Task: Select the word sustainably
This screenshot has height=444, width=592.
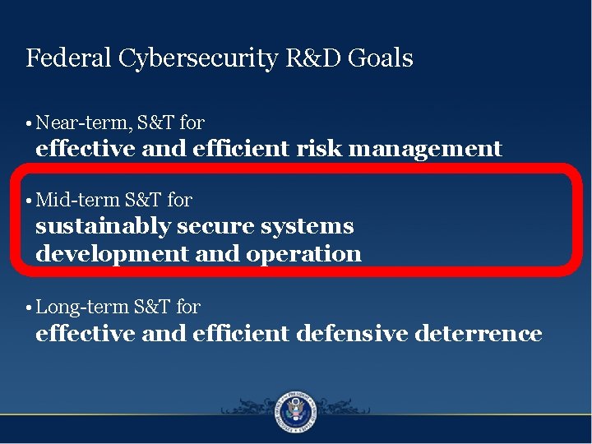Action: coord(103,226)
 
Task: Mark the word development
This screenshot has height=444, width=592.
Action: coord(112,254)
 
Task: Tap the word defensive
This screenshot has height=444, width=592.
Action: coord(353,333)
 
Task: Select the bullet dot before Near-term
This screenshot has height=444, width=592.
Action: coord(29,124)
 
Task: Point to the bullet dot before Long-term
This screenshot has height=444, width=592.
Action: coord(29,308)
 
